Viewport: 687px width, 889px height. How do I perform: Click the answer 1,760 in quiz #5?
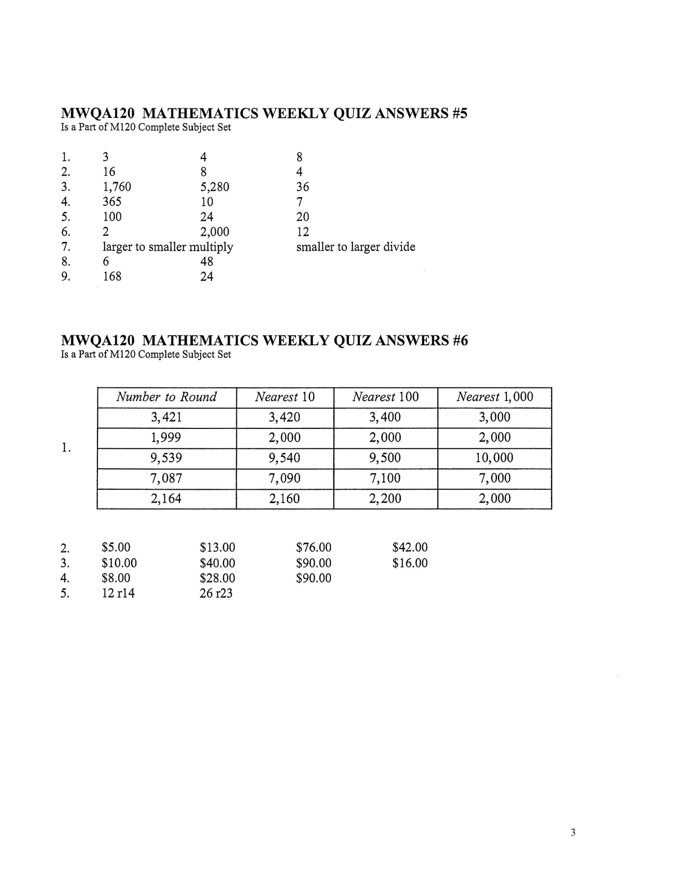click(116, 187)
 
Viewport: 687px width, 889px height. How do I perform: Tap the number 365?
click(112, 202)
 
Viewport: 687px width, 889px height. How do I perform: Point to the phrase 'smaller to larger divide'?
click(356, 247)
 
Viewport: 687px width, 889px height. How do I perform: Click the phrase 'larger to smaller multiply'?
click(168, 247)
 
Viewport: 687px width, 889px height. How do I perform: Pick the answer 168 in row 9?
click(112, 276)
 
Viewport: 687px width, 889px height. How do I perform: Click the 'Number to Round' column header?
click(166, 397)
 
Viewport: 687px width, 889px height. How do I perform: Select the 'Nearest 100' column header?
click(385, 397)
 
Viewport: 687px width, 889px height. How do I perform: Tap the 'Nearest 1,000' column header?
click(494, 397)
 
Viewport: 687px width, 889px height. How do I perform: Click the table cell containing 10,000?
click(494, 458)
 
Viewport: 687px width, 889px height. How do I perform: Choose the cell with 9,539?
click(166, 458)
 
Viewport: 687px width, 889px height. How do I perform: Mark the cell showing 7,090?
click(285, 478)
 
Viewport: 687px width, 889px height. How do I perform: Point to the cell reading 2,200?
click(385, 498)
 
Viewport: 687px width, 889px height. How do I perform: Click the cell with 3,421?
click(166, 417)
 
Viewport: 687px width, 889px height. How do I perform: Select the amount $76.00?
click(313, 548)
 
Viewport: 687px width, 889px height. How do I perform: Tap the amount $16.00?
click(410, 563)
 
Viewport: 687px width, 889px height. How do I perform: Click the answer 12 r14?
click(118, 593)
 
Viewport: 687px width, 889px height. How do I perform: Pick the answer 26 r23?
click(216, 593)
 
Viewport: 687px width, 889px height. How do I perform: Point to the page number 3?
click(573, 832)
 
